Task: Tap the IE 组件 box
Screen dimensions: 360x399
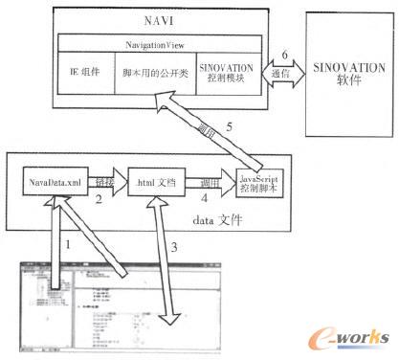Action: [x=85, y=74]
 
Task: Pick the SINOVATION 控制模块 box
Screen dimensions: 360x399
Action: [x=226, y=74]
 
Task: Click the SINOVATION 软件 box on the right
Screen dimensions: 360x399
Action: [x=344, y=70]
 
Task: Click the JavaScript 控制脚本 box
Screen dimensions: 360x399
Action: [x=246, y=178]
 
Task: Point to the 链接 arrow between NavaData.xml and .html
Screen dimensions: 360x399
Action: [x=104, y=180]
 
